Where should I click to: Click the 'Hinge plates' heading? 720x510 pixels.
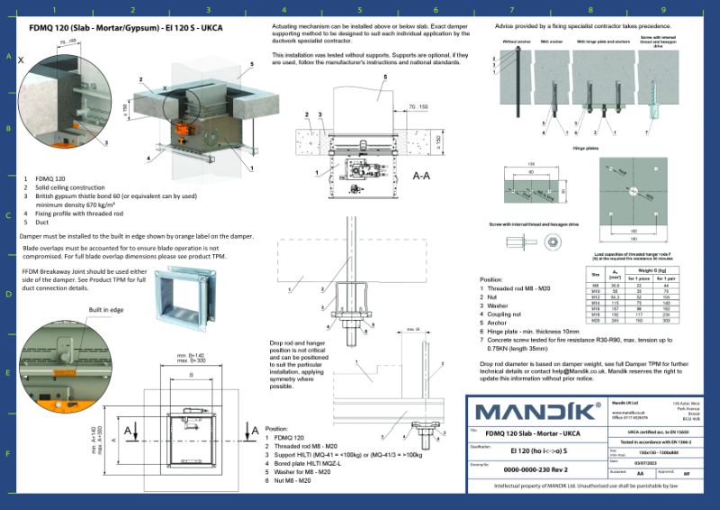(x=586, y=146)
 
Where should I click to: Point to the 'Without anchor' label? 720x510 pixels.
(x=517, y=41)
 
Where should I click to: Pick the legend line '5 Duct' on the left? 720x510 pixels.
(x=36, y=222)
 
